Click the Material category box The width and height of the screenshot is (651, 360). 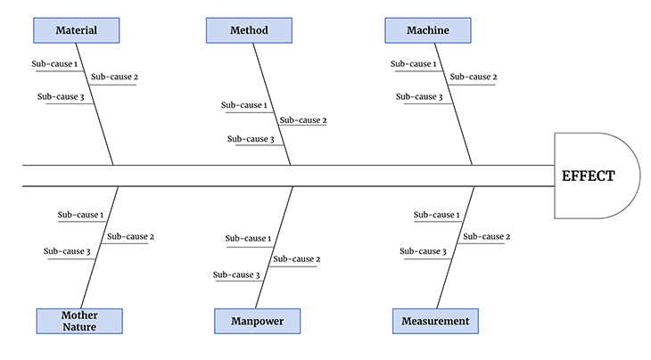[76, 30]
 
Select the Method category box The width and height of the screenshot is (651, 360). [249, 30]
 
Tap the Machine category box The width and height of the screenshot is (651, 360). [427, 30]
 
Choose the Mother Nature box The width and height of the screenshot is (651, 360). [79, 321]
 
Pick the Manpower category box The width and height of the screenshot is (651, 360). [257, 321]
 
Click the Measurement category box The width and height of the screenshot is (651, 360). [435, 321]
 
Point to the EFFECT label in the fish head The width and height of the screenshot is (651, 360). [588, 176]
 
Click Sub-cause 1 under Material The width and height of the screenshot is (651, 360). [54, 64]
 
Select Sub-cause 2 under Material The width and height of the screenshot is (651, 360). [114, 77]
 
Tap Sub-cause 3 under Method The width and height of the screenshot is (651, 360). [251, 139]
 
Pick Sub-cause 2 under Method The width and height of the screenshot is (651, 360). [303, 120]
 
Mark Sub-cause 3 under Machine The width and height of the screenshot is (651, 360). [419, 97]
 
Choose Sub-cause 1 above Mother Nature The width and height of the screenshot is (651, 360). [81, 215]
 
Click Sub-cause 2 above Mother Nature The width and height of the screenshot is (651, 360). [130, 236]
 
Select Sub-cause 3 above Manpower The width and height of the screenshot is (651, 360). [236, 274]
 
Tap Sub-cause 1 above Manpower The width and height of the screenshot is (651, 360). [248, 238]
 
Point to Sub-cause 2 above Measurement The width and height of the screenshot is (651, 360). [486, 236]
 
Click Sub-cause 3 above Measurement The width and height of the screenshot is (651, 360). [423, 251]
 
